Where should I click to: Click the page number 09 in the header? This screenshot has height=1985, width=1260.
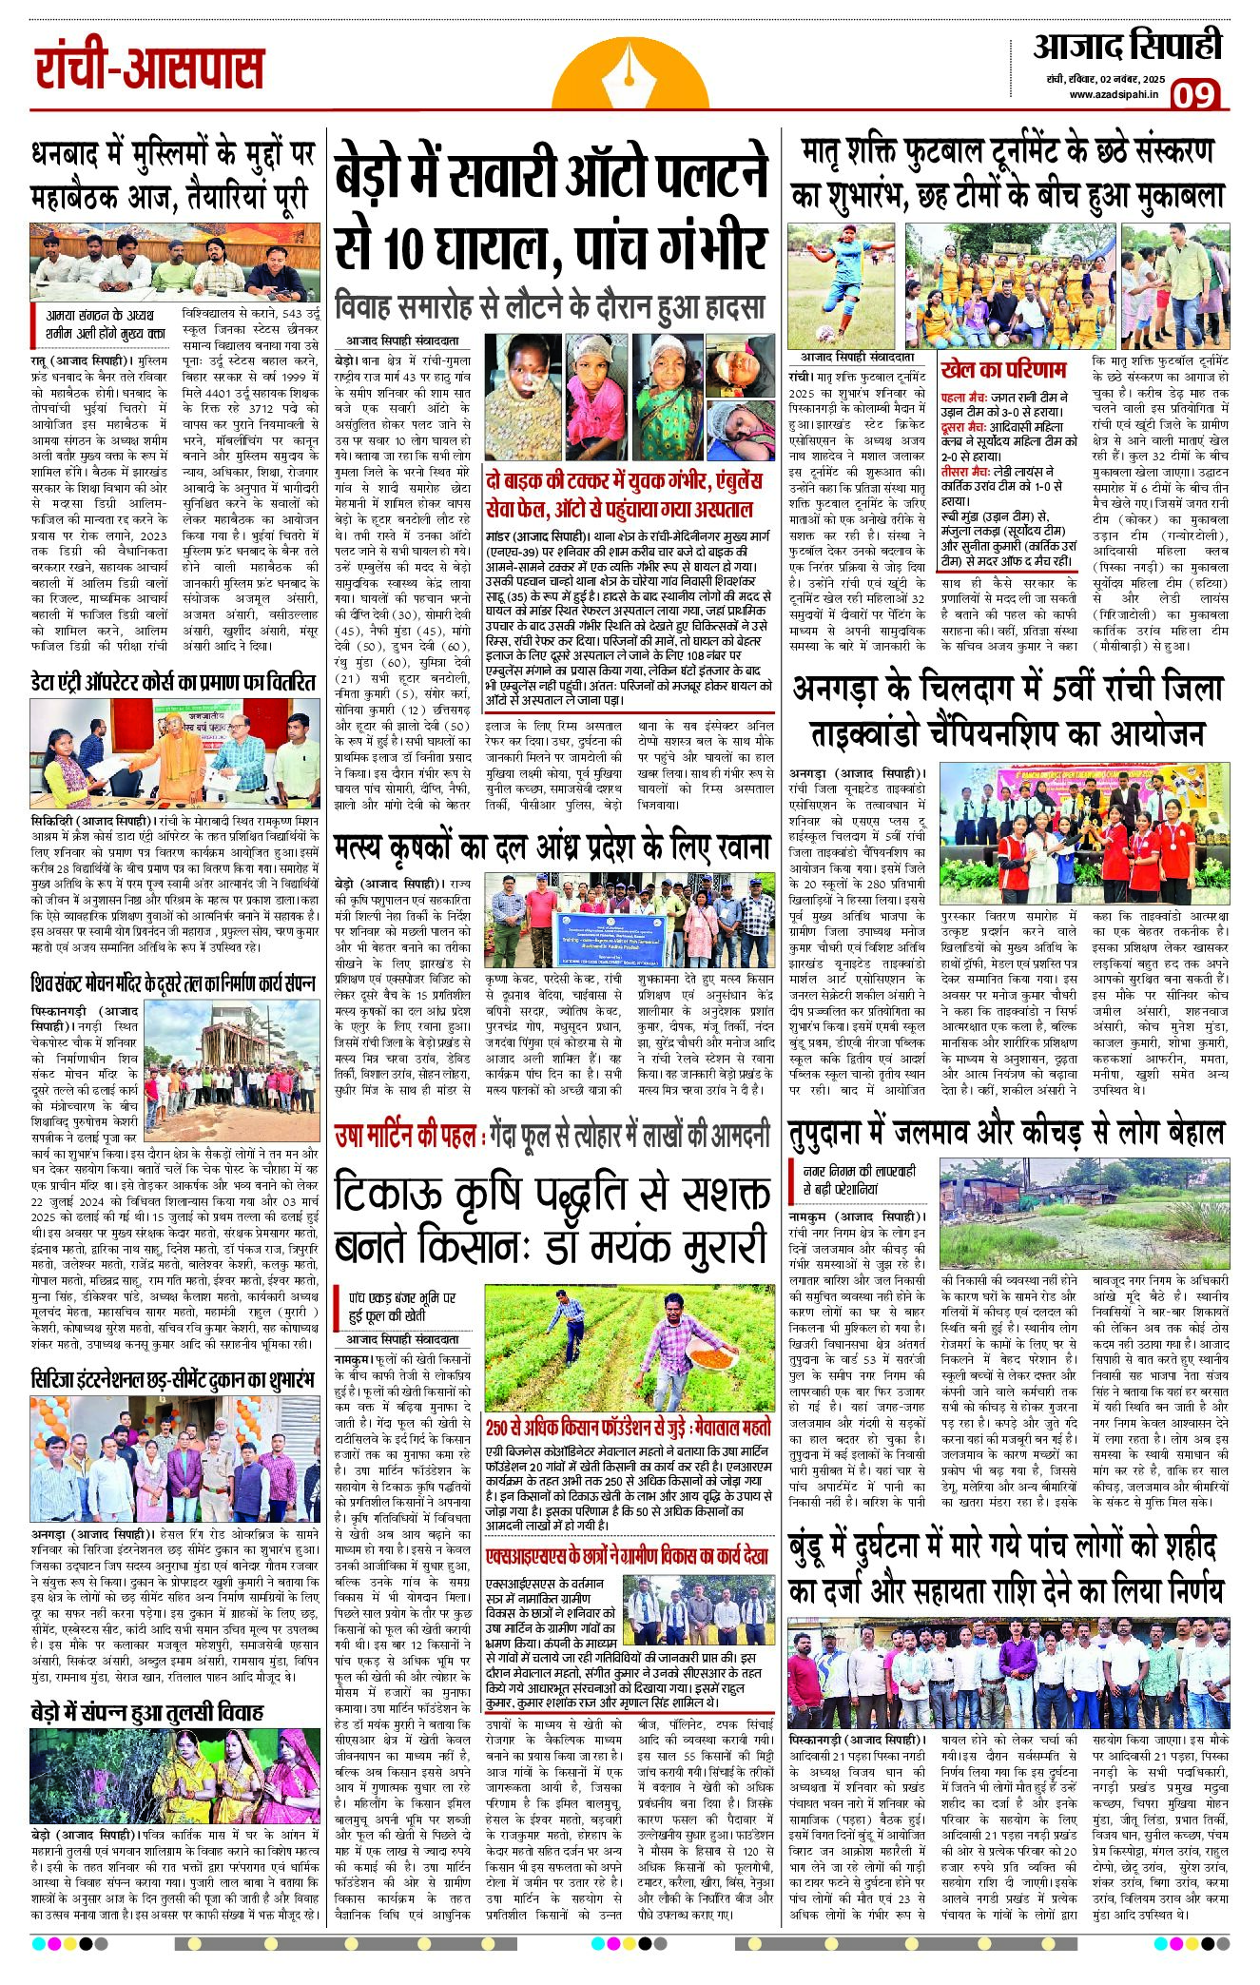click(x=1194, y=94)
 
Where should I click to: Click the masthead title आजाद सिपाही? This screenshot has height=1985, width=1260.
click(x=1126, y=46)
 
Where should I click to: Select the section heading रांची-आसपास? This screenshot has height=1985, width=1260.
click(x=149, y=69)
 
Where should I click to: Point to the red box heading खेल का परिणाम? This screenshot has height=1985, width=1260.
click(x=1003, y=369)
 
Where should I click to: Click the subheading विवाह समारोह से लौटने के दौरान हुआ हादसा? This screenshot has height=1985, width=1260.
click(x=551, y=307)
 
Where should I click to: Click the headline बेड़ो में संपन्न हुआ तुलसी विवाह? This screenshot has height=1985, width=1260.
click(x=146, y=1713)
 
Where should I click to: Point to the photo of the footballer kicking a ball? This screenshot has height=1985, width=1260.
click(x=843, y=287)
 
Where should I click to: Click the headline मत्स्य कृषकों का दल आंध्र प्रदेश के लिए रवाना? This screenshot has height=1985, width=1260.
click(x=551, y=847)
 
